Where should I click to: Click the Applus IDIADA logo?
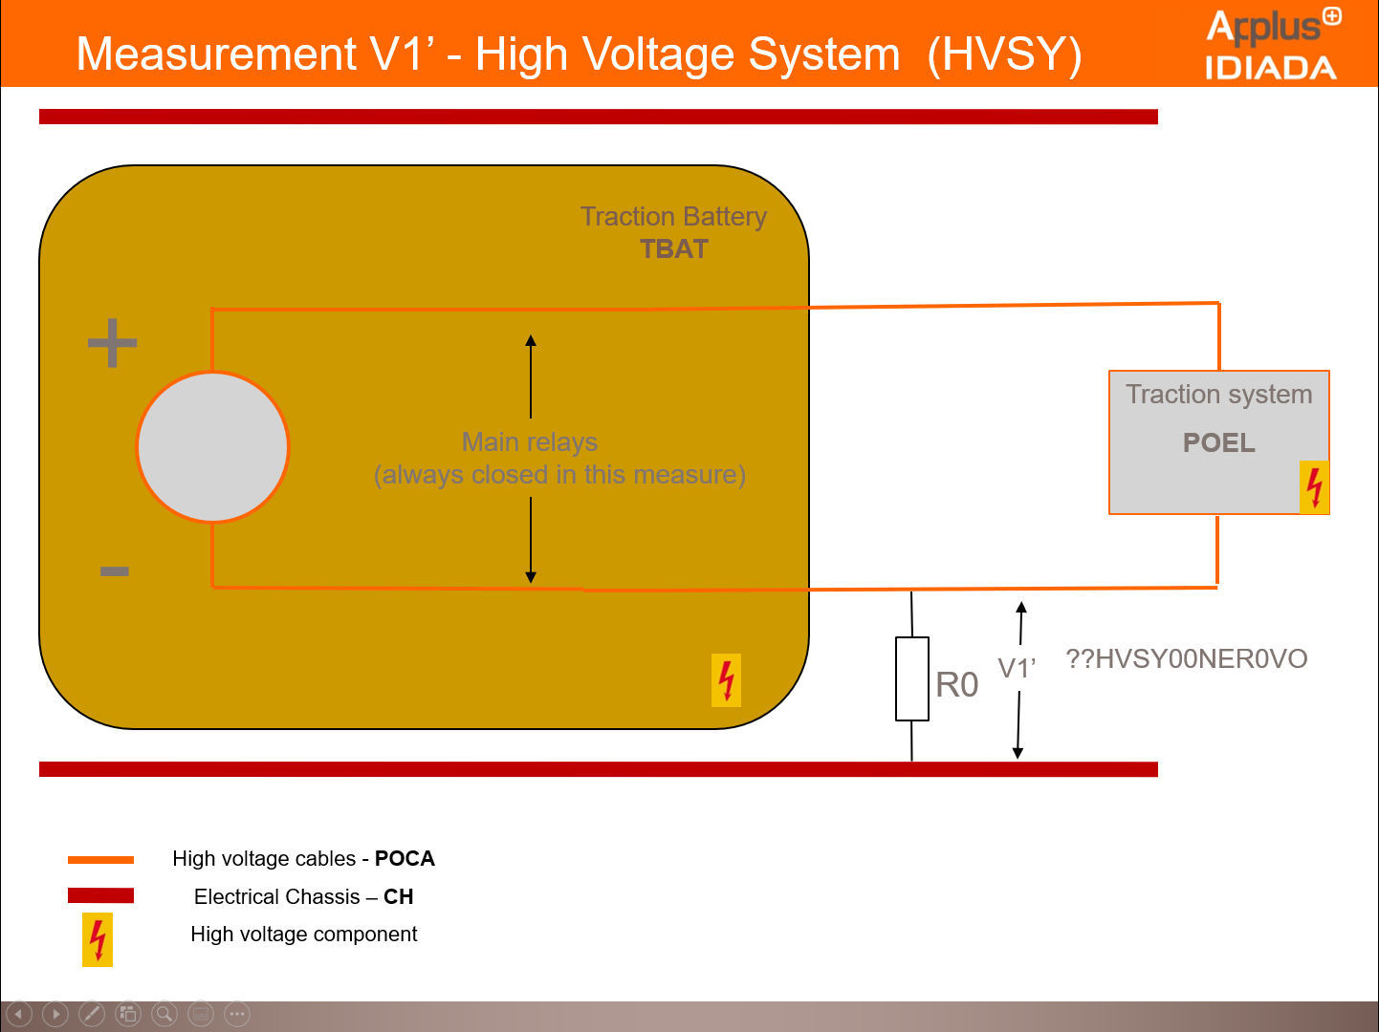click(1271, 44)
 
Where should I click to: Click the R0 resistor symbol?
click(911, 678)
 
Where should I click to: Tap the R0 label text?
click(956, 685)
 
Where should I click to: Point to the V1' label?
click(1017, 668)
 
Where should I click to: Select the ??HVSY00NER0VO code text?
click(1186, 658)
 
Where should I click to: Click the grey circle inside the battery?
click(212, 446)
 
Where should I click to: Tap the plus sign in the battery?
click(113, 342)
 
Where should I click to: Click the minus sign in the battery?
click(114, 571)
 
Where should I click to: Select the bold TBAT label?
click(674, 249)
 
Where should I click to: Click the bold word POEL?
click(1218, 442)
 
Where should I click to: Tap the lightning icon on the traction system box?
click(1314, 487)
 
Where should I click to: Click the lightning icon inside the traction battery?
click(726, 680)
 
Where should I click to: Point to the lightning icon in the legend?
click(98, 939)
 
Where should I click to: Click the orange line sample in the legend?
click(100, 860)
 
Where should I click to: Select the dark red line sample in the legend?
click(100, 895)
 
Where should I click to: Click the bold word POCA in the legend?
click(405, 858)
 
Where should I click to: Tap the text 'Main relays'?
click(529, 441)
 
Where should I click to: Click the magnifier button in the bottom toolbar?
click(164, 1014)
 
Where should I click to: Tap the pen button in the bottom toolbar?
click(92, 1014)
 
